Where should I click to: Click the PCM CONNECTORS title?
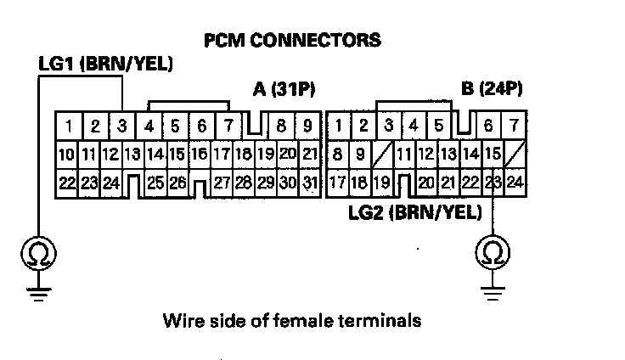click(292, 40)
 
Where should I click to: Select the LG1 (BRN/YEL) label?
click(105, 64)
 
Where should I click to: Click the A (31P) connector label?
click(285, 89)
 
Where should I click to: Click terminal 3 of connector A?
click(122, 127)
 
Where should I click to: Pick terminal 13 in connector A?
click(132, 155)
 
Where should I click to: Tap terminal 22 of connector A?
click(67, 182)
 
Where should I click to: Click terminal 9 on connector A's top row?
click(307, 127)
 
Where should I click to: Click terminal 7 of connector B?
click(515, 127)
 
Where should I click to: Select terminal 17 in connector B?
click(338, 182)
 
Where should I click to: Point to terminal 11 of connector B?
click(404, 155)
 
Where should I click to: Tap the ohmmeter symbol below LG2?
click(491, 252)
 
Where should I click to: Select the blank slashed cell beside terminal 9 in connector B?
click(382, 155)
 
